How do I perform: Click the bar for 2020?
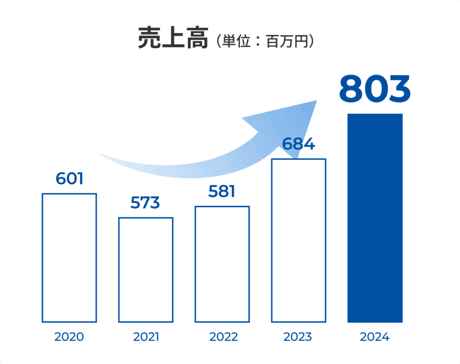click(69, 257)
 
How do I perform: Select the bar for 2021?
click(146, 270)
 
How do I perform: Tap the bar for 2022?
click(222, 264)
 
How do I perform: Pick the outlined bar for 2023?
click(298, 240)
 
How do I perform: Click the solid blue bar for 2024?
click(375, 218)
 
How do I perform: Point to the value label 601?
click(70, 178)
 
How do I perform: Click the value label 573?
click(145, 203)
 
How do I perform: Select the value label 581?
click(221, 191)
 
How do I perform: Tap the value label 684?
click(298, 144)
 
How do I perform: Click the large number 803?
click(375, 89)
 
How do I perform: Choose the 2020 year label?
click(69, 337)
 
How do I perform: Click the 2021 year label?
click(146, 337)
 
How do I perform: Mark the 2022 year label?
click(222, 337)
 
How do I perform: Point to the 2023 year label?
click(298, 337)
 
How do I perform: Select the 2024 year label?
click(375, 337)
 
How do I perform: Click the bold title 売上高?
click(173, 38)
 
